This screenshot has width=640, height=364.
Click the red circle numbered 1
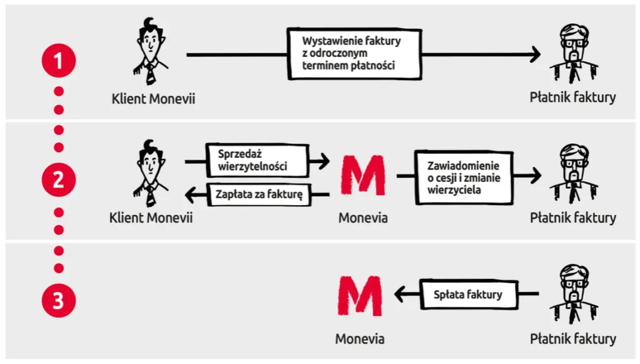[x=58, y=61]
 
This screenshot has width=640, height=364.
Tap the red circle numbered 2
[x=58, y=181]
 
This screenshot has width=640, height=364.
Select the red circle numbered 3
[x=58, y=301]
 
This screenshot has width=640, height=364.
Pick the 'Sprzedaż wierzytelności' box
[x=257, y=161]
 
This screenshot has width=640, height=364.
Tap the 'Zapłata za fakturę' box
[x=260, y=195]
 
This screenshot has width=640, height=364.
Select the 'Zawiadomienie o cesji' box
[x=464, y=178]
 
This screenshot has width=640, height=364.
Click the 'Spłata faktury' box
[x=467, y=294]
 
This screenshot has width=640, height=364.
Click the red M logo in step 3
[x=360, y=296]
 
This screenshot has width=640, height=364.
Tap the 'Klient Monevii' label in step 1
[x=153, y=98]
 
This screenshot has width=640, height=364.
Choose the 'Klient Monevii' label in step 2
[x=151, y=218]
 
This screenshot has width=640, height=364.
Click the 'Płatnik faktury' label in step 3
[x=573, y=338]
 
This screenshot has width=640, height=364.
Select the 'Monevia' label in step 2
[x=363, y=218]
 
